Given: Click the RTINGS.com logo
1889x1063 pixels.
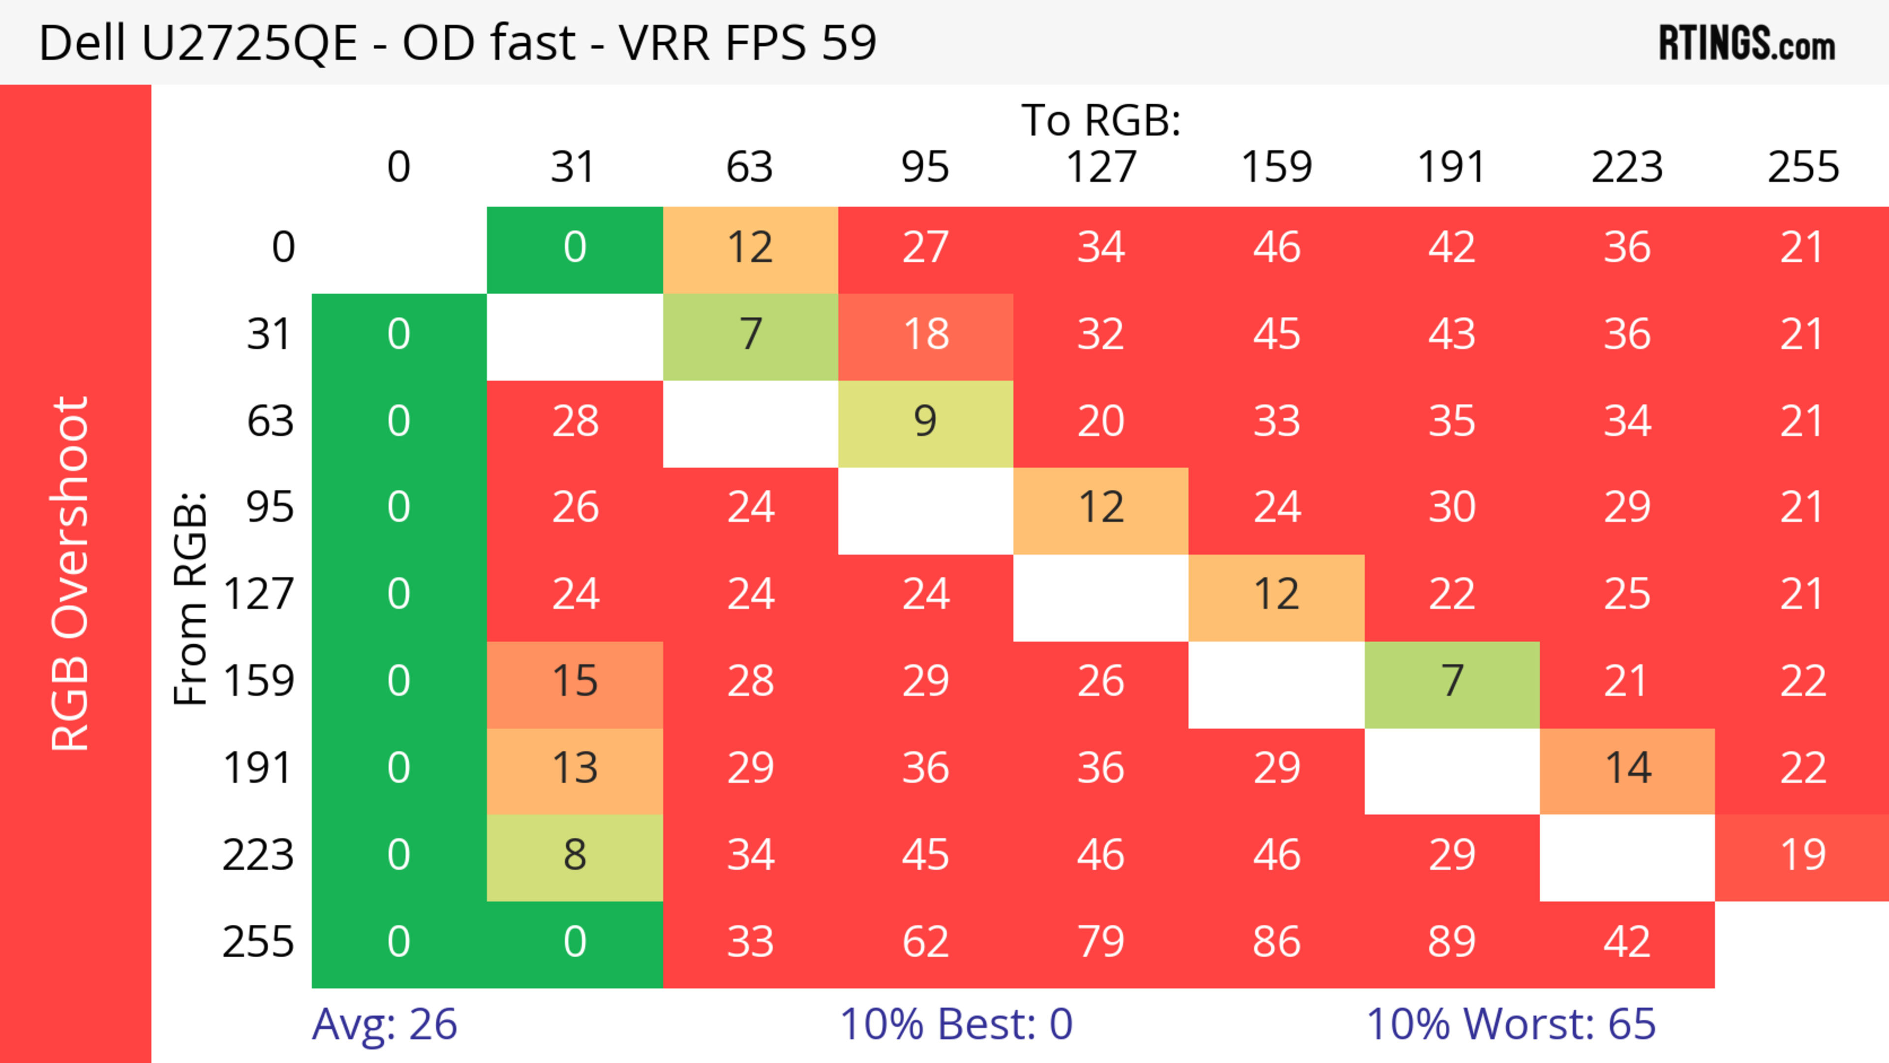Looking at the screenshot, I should tap(1747, 43).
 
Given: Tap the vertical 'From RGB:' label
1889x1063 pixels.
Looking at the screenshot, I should tap(191, 598).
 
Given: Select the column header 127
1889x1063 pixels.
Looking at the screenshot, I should tap(1101, 167).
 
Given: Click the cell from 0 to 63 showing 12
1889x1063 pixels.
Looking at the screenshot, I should tap(750, 248).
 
